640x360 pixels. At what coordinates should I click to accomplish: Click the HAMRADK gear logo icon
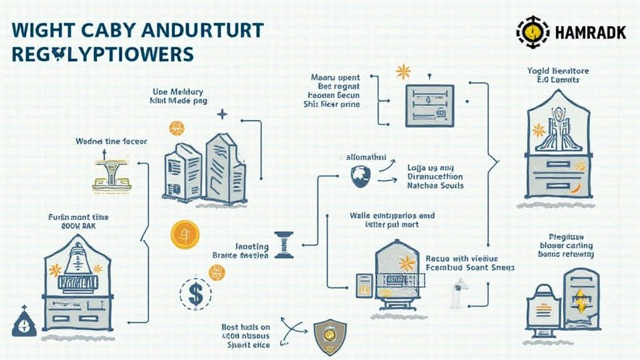(x=532, y=32)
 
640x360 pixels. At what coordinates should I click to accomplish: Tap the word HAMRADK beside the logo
(x=590, y=33)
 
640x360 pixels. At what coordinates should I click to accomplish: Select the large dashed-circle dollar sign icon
(x=195, y=293)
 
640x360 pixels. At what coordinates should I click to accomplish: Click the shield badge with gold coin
(x=330, y=336)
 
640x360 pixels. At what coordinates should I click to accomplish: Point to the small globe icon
(x=361, y=177)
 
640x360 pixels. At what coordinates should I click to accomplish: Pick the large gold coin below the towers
(x=184, y=235)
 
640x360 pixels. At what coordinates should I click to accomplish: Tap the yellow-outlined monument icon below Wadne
(x=111, y=174)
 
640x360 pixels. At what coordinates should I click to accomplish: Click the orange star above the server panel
(x=403, y=71)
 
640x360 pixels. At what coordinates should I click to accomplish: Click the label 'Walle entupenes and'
(x=392, y=216)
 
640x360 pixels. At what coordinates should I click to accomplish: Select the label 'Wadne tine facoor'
(x=111, y=141)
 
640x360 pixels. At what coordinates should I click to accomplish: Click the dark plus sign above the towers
(x=222, y=114)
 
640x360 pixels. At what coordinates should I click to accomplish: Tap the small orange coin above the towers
(x=176, y=128)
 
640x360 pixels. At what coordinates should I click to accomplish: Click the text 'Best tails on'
(x=246, y=327)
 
